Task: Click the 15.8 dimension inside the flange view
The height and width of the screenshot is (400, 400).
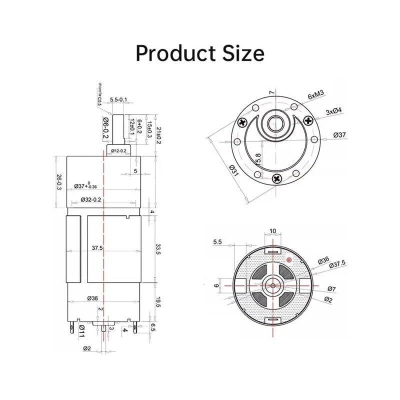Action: coord(257,160)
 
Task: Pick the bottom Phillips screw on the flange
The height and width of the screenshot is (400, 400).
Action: coord(276,176)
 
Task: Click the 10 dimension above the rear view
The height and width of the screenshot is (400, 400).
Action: coord(272,231)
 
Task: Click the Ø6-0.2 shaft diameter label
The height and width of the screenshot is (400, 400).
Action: coord(105,126)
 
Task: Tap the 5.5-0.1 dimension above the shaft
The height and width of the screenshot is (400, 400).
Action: coord(118,100)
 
